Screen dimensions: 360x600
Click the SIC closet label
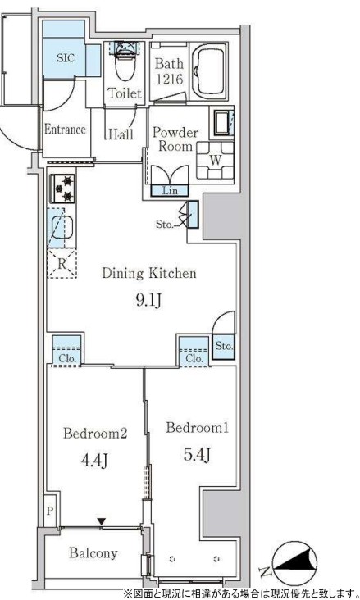click(65, 57)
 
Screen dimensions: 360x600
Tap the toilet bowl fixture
click(125, 62)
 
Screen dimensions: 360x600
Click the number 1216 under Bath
click(169, 80)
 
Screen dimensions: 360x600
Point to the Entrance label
click(65, 129)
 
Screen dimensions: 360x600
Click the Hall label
click(121, 134)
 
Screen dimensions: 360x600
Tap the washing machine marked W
click(215, 161)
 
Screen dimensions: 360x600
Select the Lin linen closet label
click(170, 190)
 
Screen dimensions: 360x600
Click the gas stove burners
click(62, 189)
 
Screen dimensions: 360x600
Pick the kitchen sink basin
click(62, 228)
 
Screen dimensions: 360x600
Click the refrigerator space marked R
click(62, 263)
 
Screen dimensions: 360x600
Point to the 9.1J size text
click(149, 301)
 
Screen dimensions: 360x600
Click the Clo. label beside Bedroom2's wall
click(66, 359)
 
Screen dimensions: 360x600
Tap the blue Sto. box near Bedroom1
click(224, 347)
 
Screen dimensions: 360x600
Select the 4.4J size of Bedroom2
click(94, 461)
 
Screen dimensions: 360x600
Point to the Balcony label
click(93, 552)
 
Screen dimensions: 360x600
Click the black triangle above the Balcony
click(101, 521)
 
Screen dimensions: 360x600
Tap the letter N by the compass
click(264, 572)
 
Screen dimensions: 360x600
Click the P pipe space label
click(50, 511)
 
